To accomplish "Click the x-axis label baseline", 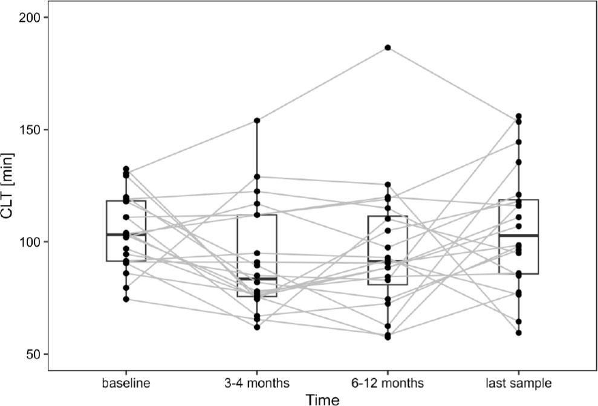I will point(126,384).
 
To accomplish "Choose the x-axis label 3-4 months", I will point(256,384).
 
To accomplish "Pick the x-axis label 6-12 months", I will point(388,384).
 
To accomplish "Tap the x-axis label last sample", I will point(518,384).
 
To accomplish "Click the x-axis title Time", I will point(322,399).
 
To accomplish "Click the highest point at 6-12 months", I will point(388,47).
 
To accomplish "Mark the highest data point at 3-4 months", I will point(257,121).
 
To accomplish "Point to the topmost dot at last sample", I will point(519,116).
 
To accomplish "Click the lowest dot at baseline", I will point(126,299).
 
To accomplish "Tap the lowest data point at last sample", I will point(519,333).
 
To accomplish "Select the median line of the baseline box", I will point(126,234).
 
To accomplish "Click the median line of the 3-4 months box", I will point(257,279).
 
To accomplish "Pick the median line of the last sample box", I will point(519,235).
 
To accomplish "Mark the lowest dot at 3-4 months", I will point(257,327).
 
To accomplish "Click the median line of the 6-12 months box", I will point(388,261).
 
